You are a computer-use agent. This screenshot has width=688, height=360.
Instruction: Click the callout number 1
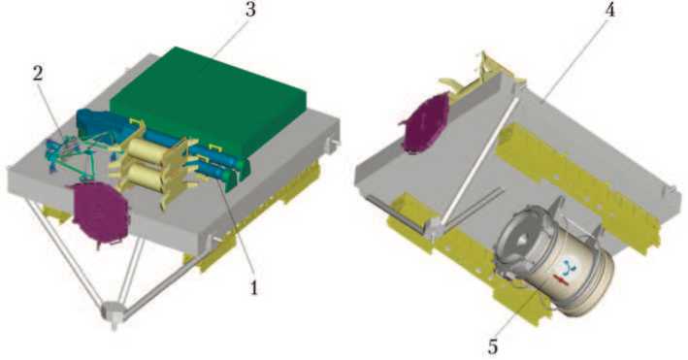(253, 288)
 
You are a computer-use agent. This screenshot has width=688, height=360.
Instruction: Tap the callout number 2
(39, 74)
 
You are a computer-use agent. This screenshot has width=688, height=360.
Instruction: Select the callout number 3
(250, 10)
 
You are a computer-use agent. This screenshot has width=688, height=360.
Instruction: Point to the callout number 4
(610, 10)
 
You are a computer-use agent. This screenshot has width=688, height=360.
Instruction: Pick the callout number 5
(493, 346)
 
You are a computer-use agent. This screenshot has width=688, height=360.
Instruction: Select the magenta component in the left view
(100, 212)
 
